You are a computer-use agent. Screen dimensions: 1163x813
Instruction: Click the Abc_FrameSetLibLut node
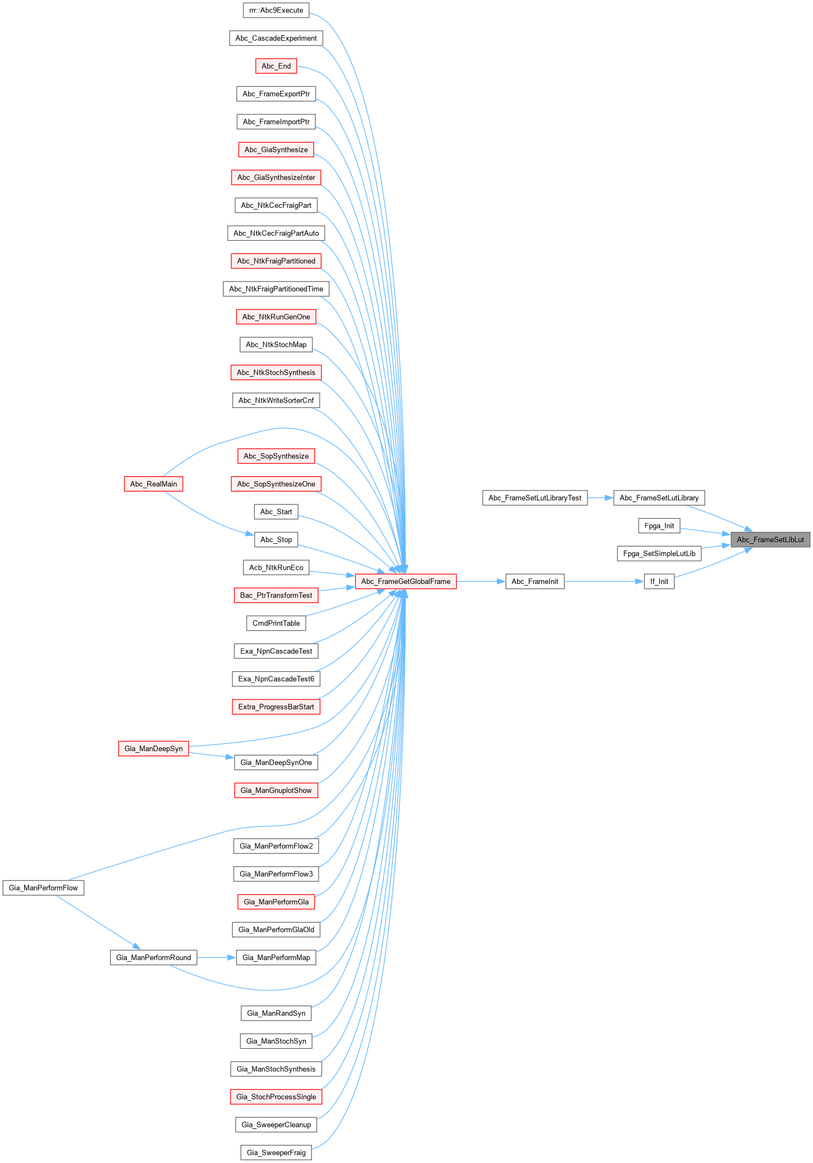[770, 539]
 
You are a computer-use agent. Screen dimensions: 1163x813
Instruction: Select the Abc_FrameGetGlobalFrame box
[405, 581]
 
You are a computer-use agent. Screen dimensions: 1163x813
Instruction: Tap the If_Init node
[659, 581]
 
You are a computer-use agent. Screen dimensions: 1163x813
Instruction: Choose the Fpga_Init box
[659, 526]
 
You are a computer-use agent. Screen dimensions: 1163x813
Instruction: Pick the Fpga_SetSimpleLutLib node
[659, 553]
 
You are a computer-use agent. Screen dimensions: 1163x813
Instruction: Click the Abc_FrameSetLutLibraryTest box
[535, 498]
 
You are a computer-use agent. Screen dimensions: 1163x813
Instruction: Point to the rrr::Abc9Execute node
[276, 10]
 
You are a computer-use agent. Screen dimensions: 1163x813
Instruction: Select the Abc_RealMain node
[153, 484]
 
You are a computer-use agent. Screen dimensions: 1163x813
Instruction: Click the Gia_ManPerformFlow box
[43, 888]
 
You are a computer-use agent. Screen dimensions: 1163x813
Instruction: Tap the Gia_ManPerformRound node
[153, 957]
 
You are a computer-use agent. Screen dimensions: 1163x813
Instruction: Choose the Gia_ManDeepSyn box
[153, 748]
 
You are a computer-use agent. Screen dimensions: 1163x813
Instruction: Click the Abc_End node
[276, 66]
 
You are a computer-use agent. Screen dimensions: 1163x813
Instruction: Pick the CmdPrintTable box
[276, 623]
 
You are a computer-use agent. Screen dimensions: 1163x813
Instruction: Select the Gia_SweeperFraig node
[276, 1153]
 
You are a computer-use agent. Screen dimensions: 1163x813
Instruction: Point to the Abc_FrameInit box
[535, 581]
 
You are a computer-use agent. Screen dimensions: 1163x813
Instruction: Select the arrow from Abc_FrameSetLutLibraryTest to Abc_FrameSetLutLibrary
[600, 498]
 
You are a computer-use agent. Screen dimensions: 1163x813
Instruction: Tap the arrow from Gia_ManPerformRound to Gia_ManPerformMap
[216, 957]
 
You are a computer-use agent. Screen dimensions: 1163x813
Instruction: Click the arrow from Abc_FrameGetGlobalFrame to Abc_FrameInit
[481, 581]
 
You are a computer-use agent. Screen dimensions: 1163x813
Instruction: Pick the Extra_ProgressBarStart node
[276, 707]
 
